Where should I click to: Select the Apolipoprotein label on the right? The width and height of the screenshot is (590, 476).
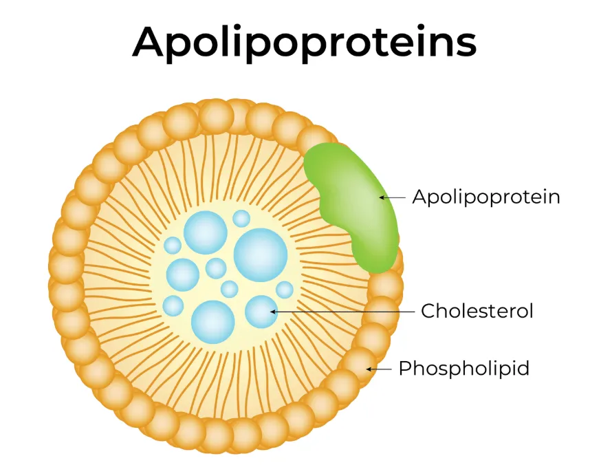486,197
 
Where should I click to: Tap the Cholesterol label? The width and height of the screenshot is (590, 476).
477,311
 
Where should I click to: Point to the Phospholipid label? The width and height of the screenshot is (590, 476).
464,369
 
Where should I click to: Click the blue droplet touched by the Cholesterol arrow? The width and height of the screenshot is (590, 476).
261,312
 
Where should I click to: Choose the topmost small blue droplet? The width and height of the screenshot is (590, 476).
241,219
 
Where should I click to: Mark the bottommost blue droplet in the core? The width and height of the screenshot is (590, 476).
212,321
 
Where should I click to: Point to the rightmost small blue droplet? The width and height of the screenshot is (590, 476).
285,290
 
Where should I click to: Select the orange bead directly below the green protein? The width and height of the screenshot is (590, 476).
386,283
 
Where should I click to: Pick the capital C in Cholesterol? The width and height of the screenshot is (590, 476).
429,311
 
